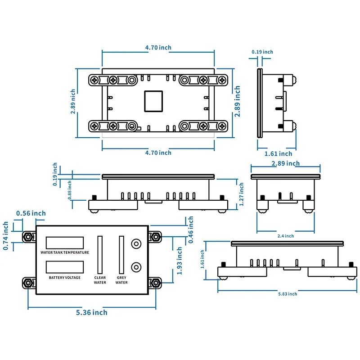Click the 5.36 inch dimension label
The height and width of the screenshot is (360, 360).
(x=92, y=312)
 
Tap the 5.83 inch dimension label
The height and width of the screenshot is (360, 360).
(x=288, y=294)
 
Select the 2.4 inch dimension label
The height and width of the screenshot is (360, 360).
(x=286, y=236)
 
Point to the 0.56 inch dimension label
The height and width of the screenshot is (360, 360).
(x=31, y=213)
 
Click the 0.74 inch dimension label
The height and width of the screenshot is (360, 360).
(x=5, y=236)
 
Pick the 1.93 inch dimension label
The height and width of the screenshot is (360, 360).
(x=179, y=261)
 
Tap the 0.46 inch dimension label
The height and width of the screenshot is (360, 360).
(x=190, y=229)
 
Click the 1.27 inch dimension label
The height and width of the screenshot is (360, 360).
(x=241, y=194)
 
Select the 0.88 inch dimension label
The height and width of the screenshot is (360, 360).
(x=70, y=190)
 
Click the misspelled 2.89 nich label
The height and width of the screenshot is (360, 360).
(x=73, y=102)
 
